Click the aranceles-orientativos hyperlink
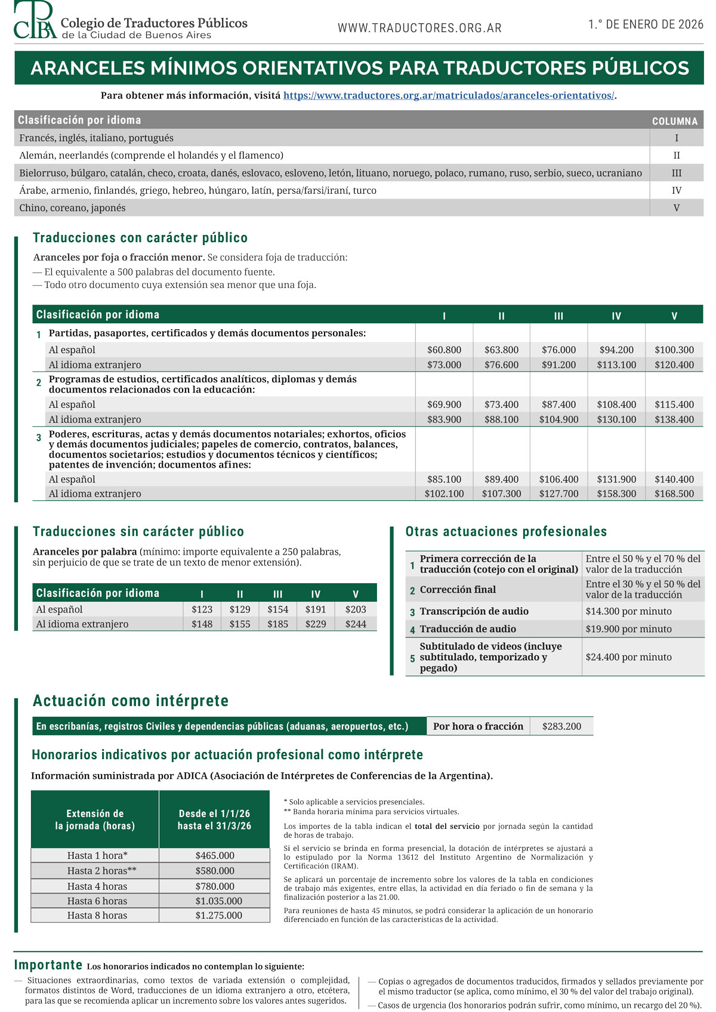[x=448, y=95]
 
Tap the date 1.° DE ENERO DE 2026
[x=646, y=24]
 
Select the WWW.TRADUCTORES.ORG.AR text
[x=419, y=28]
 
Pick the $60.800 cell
[x=444, y=350]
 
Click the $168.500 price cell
[x=674, y=494]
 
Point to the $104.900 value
[x=558, y=419]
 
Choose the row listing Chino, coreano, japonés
[x=72, y=208]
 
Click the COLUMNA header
[x=674, y=121]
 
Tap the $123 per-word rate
[x=202, y=609]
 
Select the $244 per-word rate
[x=356, y=624]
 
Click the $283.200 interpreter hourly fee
[x=561, y=726]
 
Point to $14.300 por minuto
[x=628, y=611]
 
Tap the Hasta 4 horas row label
[x=97, y=887]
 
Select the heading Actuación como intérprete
[x=131, y=701]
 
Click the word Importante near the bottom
[x=48, y=965]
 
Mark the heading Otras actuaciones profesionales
[x=506, y=532]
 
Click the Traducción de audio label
[x=468, y=629]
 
